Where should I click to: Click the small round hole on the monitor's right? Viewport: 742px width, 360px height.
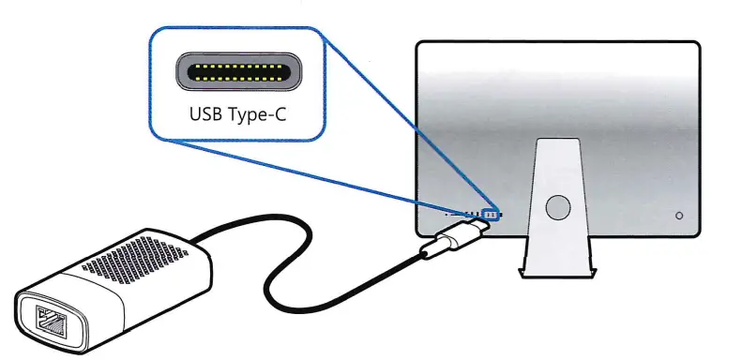click(x=678, y=215)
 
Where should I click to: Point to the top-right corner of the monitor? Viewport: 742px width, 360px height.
click(x=696, y=45)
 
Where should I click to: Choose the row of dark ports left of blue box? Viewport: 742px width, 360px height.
click(x=464, y=216)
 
